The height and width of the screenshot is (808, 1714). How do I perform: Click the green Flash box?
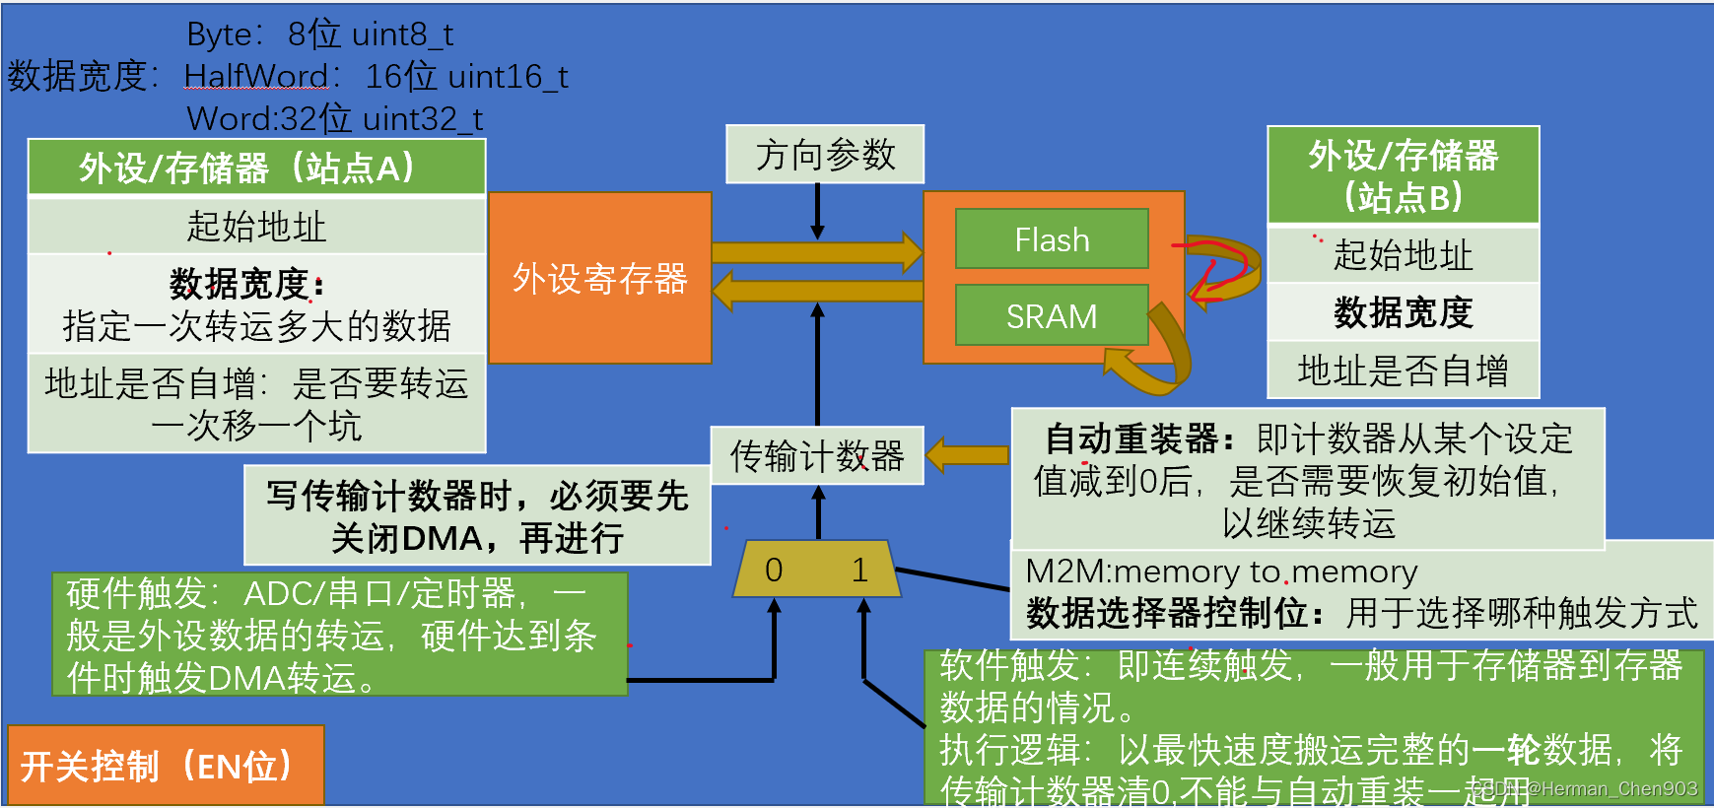tap(1052, 238)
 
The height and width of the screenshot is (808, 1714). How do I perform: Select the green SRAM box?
tap(1052, 315)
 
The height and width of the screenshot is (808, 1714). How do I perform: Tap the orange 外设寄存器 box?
tap(599, 278)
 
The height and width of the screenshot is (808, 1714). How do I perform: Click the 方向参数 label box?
tap(825, 155)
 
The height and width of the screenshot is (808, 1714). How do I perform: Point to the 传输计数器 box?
tap(817, 455)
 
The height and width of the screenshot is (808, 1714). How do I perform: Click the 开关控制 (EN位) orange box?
tap(166, 766)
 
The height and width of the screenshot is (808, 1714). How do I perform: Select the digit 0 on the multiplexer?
tap(774, 570)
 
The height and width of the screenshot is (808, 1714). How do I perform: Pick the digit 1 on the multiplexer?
tap(859, 570)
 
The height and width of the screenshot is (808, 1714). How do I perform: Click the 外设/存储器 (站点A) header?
tap(256, 168)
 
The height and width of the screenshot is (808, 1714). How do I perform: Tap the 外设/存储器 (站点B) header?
tap(1403, 175)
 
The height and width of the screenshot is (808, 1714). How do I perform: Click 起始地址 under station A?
tap(256, 226)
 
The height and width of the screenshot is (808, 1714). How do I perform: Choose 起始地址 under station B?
tap(1403, 255)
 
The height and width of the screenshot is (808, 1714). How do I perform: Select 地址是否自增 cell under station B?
tap(1403, 370)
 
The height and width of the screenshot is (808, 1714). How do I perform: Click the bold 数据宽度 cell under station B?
tap(1403, 312)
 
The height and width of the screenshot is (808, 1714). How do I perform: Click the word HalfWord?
tap(256, 76)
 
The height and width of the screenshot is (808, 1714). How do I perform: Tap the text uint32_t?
tap(422, 119)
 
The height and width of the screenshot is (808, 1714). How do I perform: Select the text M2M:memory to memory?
tap(1221, 572)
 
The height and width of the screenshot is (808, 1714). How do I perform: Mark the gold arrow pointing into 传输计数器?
tap(968, 454)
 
